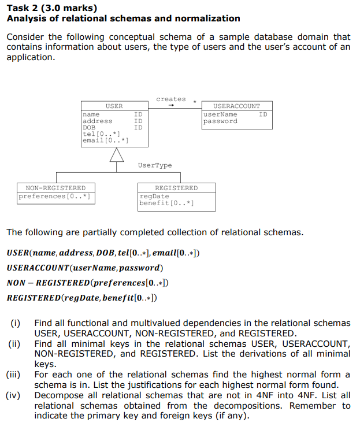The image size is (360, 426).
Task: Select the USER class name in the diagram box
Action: coord(114,106)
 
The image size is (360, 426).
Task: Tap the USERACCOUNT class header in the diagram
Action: coord(236,106)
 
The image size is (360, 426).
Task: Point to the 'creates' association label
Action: coord(171,99)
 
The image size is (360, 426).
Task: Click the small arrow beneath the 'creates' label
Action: coord(171,106)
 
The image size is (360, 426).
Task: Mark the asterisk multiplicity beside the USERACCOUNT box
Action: coord(195,103)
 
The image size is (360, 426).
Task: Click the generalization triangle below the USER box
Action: coord(117,154)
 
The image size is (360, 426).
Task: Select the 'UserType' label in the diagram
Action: coord(155,166)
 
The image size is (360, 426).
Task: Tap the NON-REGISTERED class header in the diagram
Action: coord(55,188)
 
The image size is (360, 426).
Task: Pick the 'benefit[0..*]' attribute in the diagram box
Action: coord(166,203)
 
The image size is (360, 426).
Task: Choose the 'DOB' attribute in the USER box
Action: coord(89,128)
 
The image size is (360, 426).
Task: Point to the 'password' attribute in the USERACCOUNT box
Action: coord(220,121)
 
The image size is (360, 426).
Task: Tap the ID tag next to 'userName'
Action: coord(263,114)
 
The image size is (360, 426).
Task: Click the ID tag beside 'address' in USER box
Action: coord(138,121)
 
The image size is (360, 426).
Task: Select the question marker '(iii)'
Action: coord(13,374)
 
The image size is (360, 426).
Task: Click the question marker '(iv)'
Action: coord(13,395)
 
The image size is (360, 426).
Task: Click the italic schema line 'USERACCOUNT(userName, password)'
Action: coord(84,268)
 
